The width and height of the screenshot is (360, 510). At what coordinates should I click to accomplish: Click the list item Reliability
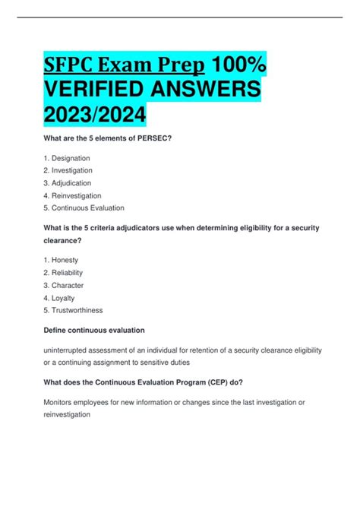(71, 272)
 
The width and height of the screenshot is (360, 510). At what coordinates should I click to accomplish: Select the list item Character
(71, 285)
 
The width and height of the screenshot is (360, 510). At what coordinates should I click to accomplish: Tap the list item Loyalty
(68, 297)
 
